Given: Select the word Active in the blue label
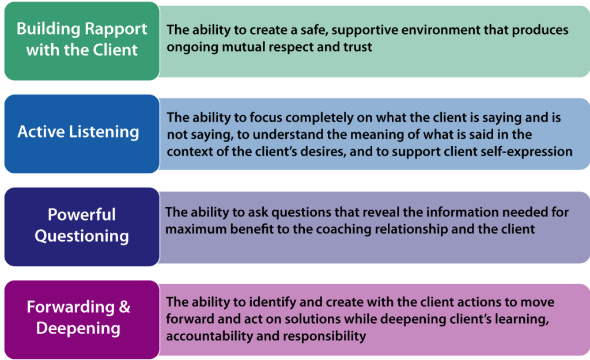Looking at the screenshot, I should pyautogui.click(x=39, y=132).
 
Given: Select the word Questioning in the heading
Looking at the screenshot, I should pyautogui.click(x=82, y=236).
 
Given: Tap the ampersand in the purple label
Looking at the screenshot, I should pyautogui.click(x=124, y=307).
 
